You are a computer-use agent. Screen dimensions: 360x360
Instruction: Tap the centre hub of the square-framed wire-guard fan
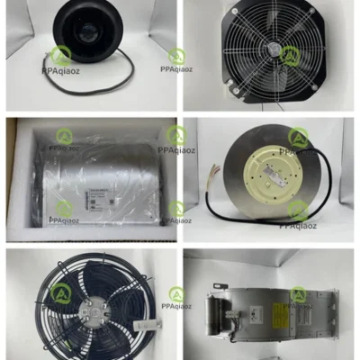(x=272, y=54)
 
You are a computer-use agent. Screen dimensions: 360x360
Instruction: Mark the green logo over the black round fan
(x=61, y=56)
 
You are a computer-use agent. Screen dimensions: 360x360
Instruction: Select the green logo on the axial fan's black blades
(x=61, y=293)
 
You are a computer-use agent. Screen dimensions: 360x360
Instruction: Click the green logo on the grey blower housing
(x=296, y=294)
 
